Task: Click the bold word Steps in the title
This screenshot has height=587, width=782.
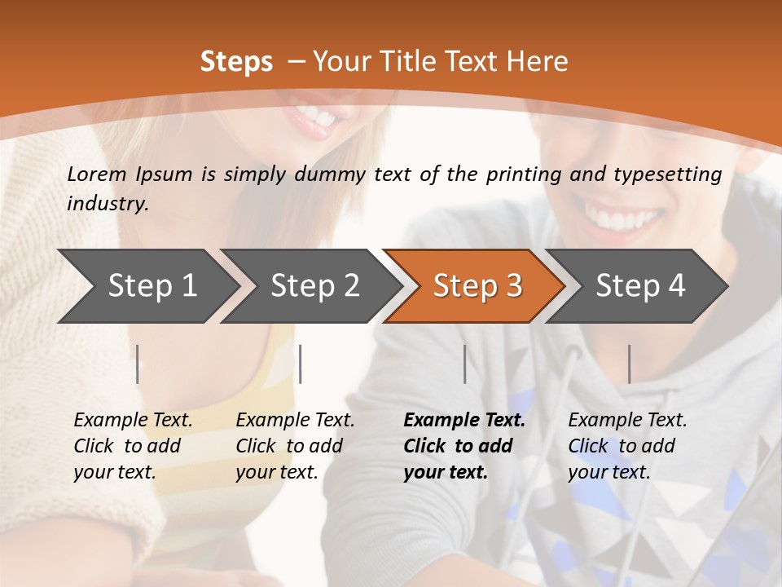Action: [236, 62]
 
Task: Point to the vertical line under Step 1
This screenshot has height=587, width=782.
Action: [138, 364]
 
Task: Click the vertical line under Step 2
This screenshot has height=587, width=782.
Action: [301, 364]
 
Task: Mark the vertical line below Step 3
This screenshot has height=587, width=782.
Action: [464, 364]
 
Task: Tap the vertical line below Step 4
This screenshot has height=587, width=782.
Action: [629, 364]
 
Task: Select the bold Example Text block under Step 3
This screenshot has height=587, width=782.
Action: [464, 446]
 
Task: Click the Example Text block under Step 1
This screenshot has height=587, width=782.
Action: [133, 446]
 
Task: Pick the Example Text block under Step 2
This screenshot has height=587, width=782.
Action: [295, 446]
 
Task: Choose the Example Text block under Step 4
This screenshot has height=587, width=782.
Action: [627, 446]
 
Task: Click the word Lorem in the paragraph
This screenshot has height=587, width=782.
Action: [97, 174]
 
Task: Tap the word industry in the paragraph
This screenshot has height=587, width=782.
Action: [107, 204]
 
